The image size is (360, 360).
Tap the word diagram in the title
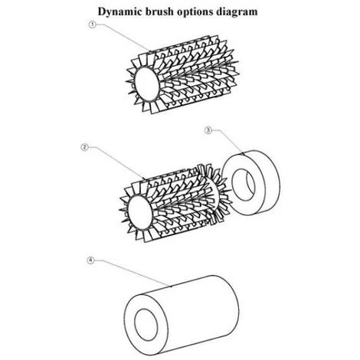237,12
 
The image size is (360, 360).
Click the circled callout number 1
92,25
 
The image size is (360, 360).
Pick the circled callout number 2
85,147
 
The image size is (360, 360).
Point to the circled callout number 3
208,130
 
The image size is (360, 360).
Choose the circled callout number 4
90,260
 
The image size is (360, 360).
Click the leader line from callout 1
123,38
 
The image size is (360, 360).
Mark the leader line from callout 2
116,162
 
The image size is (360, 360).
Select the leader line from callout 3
227,141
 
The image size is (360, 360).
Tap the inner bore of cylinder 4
146,325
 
